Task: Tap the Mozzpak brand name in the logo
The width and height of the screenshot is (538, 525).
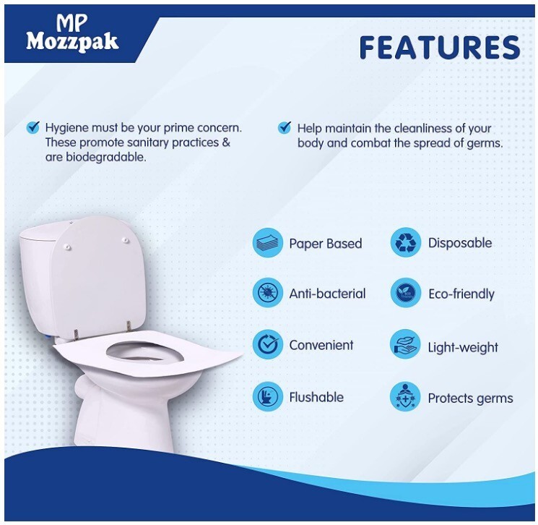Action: (x=72, y=42)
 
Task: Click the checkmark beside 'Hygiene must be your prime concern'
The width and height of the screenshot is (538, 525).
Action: (x=33, y=127)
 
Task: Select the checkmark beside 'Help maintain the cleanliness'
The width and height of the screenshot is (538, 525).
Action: (x=285, y=128)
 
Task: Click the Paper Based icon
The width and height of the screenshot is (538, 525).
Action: (x=268, y=242)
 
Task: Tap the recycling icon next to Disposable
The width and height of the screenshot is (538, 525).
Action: (x=406, y=242)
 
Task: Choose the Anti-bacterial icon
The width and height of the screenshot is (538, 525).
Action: (x=268, y=293)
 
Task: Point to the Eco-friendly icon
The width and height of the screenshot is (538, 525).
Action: (x=406, y=293)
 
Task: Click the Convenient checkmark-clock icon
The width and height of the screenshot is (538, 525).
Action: (x=268, y=344)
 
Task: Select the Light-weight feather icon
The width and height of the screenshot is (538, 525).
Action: (x=406, y=344)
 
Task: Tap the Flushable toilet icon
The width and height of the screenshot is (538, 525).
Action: (x=268, y=396)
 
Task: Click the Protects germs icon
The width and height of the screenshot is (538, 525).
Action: (x=406, y=397)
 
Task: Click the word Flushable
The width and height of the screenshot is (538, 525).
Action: (x=316, y=397)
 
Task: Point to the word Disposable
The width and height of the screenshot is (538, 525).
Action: (x=460, y=243)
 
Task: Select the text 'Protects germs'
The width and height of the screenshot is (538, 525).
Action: (x=470, y=398)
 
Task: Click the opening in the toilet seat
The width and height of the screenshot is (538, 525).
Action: (x=145, y=353)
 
